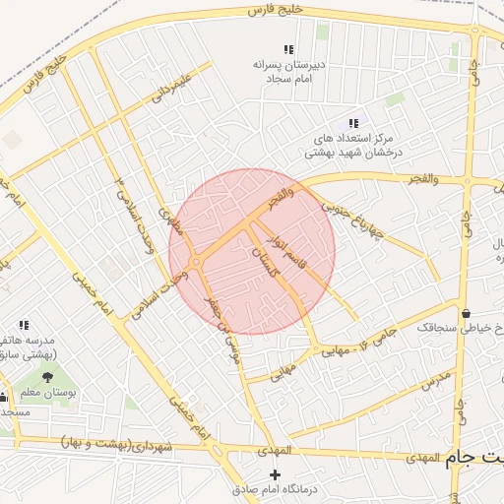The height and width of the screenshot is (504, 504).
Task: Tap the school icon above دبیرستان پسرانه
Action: [288, 49]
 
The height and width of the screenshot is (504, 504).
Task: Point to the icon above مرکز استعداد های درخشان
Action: [352, 123]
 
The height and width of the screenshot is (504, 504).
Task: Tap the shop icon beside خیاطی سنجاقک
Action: [466, 313]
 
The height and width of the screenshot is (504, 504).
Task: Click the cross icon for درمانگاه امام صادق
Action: [274, 474]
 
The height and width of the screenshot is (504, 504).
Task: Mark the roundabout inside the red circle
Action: [198, 261]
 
